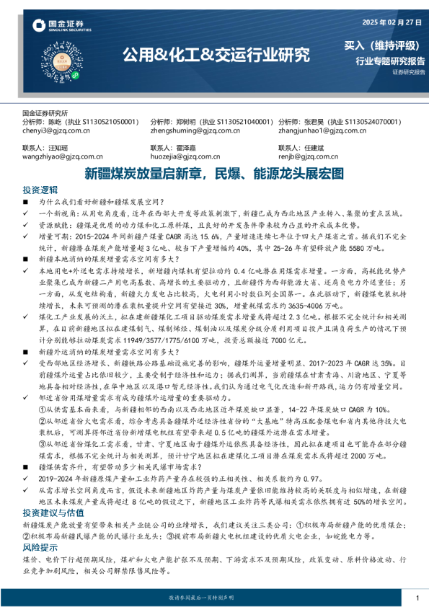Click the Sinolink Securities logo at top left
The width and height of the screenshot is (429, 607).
click(x=61, y=27)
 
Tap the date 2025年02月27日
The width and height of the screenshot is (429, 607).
click(x=388, y=22)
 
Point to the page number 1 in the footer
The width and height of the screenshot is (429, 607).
click(x=417, y=598)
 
